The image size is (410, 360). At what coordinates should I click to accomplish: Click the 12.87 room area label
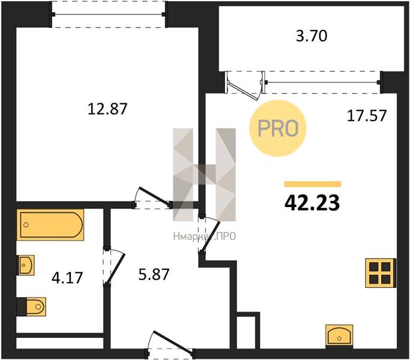point(107,109)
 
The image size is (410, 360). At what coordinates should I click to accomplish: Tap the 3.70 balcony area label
point(312,36)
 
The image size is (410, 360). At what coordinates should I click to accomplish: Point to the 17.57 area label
point(367,116)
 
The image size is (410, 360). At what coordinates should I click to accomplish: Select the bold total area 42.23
point(312,203)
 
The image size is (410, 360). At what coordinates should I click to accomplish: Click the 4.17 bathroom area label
point(67,278)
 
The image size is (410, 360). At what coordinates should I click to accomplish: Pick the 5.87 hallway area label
point(154,275)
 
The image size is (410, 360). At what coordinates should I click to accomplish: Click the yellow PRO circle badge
point(278,128)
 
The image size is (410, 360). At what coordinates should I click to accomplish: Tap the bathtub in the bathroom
point(50,224)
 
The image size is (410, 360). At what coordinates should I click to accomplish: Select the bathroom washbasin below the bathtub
point(25,265)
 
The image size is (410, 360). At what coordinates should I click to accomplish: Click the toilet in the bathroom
point(31,307)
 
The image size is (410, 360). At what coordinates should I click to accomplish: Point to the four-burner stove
point(381,273)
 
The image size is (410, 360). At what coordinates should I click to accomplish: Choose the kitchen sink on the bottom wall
point(339,336)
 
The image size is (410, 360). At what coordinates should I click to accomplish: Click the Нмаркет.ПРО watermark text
point(205,236)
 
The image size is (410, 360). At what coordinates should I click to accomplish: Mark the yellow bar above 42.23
point(313,184)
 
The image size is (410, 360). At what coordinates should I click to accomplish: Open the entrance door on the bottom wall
point(171,344)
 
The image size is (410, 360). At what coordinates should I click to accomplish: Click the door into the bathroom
point(115,266)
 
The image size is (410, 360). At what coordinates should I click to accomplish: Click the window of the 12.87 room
point(108,14)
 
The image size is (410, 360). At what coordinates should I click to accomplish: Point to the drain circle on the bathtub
point(26,224)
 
